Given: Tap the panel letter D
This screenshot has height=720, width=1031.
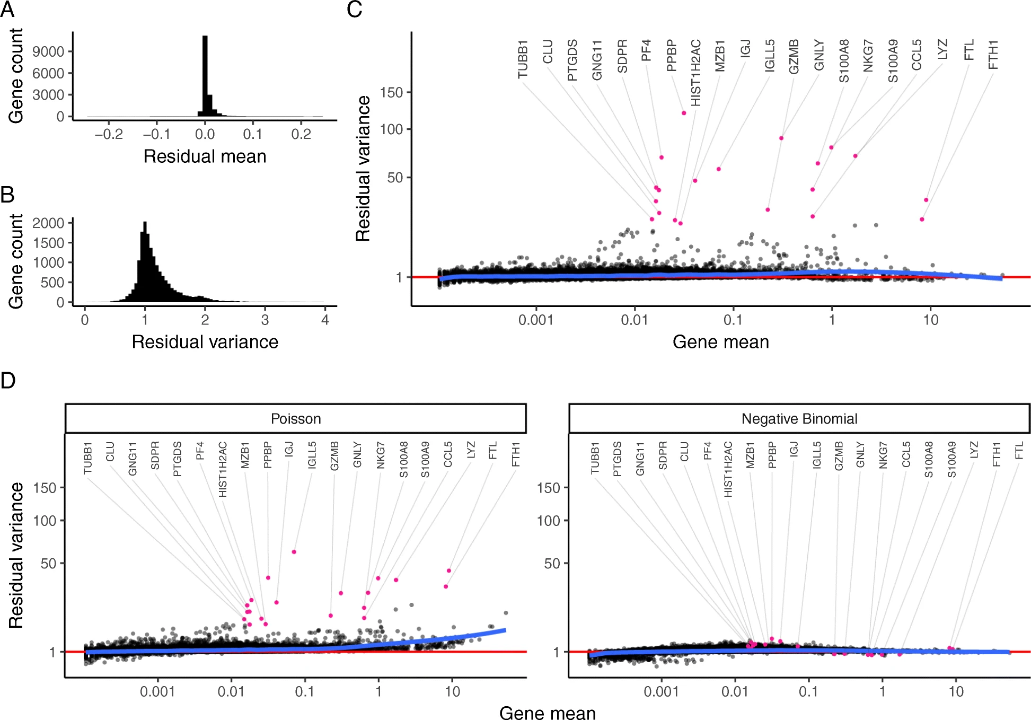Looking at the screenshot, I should click(x=8, y=380).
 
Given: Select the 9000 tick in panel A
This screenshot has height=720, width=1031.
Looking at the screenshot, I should click(x=48, y=51).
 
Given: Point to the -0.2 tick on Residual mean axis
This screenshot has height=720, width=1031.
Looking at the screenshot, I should click(x=109, y=134).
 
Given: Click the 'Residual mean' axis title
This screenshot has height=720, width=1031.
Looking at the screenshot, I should click(x=205, y=156).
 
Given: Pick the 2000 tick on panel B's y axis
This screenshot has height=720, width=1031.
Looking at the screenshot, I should click(x=48, y=223).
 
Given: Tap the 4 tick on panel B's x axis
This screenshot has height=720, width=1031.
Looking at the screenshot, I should click(x=325, y=320).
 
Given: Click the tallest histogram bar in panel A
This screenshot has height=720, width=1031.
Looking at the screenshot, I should click(x=205, y=74).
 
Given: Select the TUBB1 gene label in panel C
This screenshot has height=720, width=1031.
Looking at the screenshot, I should click(x=523, y=59).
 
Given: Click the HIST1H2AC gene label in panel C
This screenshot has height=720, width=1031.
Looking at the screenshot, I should click(x=696, y=73).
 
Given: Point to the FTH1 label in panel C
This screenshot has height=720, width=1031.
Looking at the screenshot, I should click(x=993, y=54).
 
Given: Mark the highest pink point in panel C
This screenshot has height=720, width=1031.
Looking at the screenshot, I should click(x=684, y=113).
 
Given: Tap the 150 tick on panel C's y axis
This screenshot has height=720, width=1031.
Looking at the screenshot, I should click(x=392, y=93).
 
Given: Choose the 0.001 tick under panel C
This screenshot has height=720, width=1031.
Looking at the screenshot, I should click(x=535, y=320).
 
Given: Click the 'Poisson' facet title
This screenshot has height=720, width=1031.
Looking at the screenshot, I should click(x=296, y=419).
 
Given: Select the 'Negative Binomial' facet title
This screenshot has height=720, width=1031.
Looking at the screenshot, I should click(x=799, y=419).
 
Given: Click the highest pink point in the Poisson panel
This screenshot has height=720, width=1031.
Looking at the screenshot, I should click(x=294, y=552).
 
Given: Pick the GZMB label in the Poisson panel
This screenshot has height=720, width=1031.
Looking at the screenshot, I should click(x=334, y=456).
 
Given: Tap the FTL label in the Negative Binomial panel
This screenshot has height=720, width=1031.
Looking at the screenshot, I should click(x=1019, y=451).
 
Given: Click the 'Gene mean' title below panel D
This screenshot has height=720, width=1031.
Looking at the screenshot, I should click(x=547, y=713).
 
